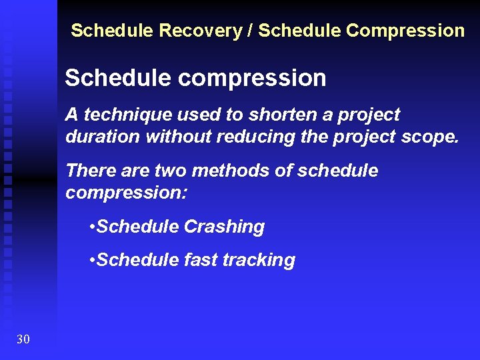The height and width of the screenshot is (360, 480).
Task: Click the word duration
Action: coord(103,137)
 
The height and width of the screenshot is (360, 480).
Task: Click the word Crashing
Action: coord(224,227)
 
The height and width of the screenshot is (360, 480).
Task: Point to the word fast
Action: coord(199,260)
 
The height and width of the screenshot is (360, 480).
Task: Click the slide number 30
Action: coord(23,340)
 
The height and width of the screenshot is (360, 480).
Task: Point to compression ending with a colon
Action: coord(127,193)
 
